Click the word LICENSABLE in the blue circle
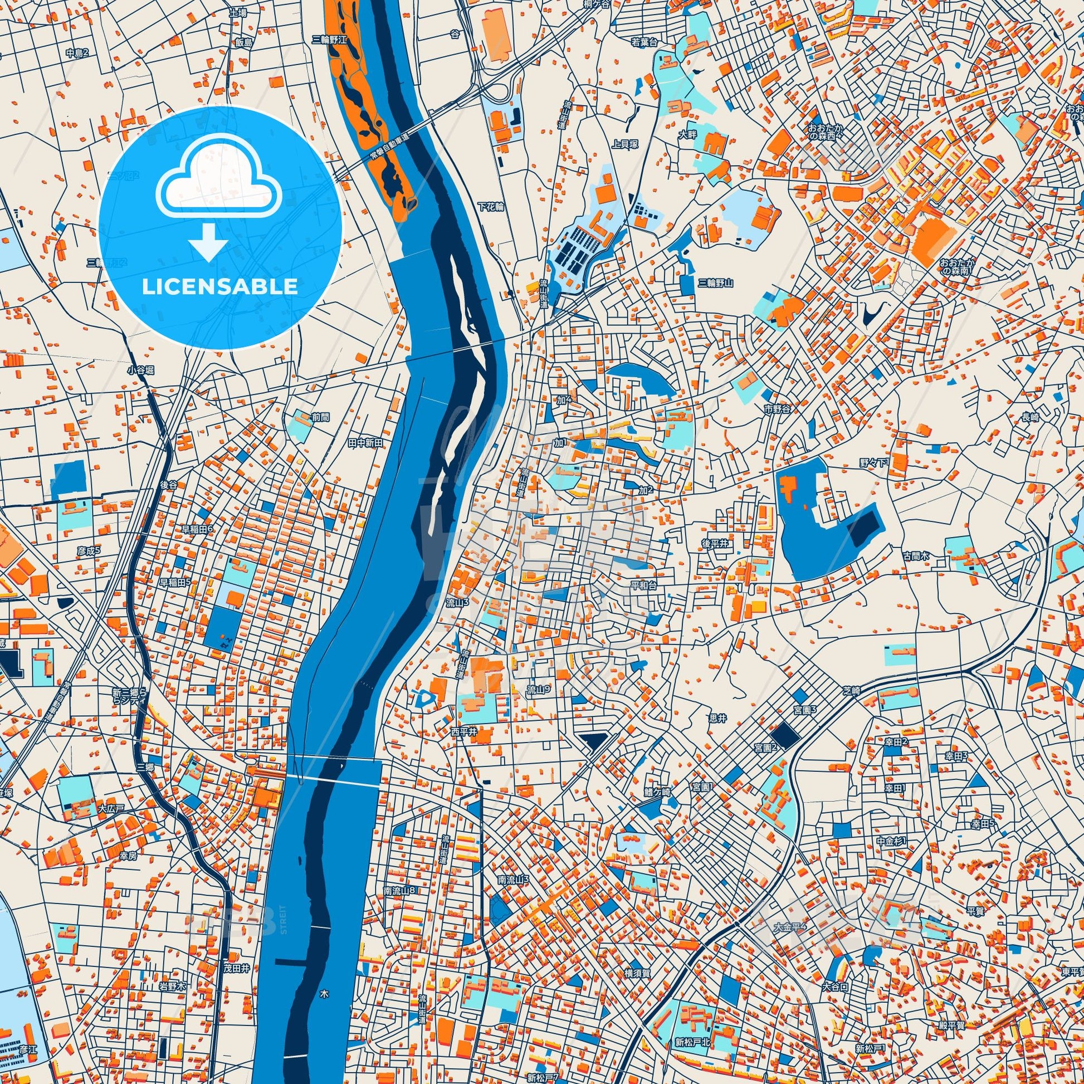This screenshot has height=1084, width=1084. click(219, 286)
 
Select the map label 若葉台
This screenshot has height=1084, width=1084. click(644, 42)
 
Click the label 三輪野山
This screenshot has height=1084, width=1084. click(716, 283)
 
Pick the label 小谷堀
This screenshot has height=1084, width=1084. click(140, 370)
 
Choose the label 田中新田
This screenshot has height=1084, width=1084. click(365, 443)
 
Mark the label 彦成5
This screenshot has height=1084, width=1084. click(89, 550)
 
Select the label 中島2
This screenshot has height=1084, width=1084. click(77, 53)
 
